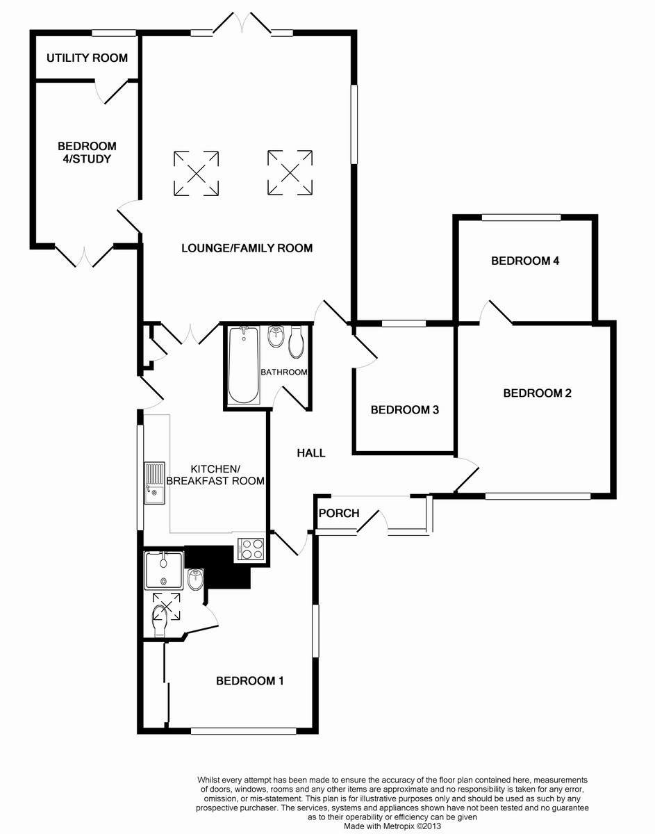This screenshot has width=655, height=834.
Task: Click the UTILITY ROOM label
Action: click(x=87, y=58)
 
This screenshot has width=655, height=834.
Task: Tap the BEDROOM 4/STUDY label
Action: click(x=87, y=152)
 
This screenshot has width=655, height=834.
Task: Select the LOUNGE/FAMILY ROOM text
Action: click(x=247, y=248)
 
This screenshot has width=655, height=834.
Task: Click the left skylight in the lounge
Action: click(x=197, y=174)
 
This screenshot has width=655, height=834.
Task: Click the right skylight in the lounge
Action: click(x=290, y=172)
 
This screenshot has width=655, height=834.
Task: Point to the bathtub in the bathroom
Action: click(x=244, y=365)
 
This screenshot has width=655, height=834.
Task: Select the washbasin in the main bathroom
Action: click(x=275, y=337)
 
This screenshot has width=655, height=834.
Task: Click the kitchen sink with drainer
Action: click(x=154, y=483)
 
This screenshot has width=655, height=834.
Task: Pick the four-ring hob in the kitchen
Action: click(x=251, y=549)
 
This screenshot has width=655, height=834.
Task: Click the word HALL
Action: click(x=311, y=453)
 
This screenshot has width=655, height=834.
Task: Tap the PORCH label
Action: click(x=339, y=513)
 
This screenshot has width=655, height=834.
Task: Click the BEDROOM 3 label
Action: click(x=404, y=410)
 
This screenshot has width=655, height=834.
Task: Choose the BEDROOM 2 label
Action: click(x=538, y=393)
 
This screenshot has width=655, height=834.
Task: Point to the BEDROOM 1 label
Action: click(x=250, y=681)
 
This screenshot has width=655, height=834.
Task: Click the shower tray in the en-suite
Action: click(x=164, y=570)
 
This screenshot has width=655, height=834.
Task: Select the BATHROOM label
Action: click(x=284, y=372)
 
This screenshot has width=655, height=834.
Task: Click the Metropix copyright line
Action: click(x=392, y=826)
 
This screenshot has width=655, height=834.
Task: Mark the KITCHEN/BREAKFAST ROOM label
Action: click(x=215, y=475)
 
